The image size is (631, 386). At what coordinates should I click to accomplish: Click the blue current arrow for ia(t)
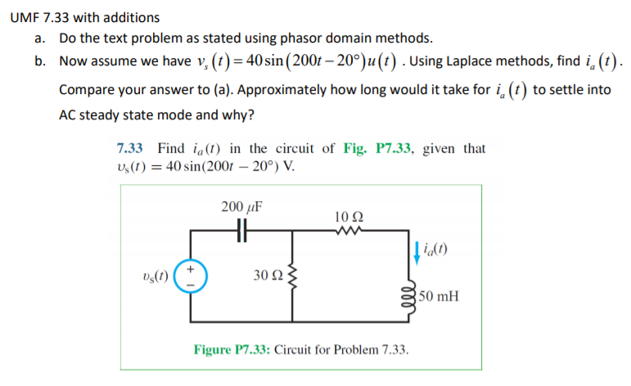tap(416, 252)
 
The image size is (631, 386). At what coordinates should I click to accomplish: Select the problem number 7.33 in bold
tap(131, 149)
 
